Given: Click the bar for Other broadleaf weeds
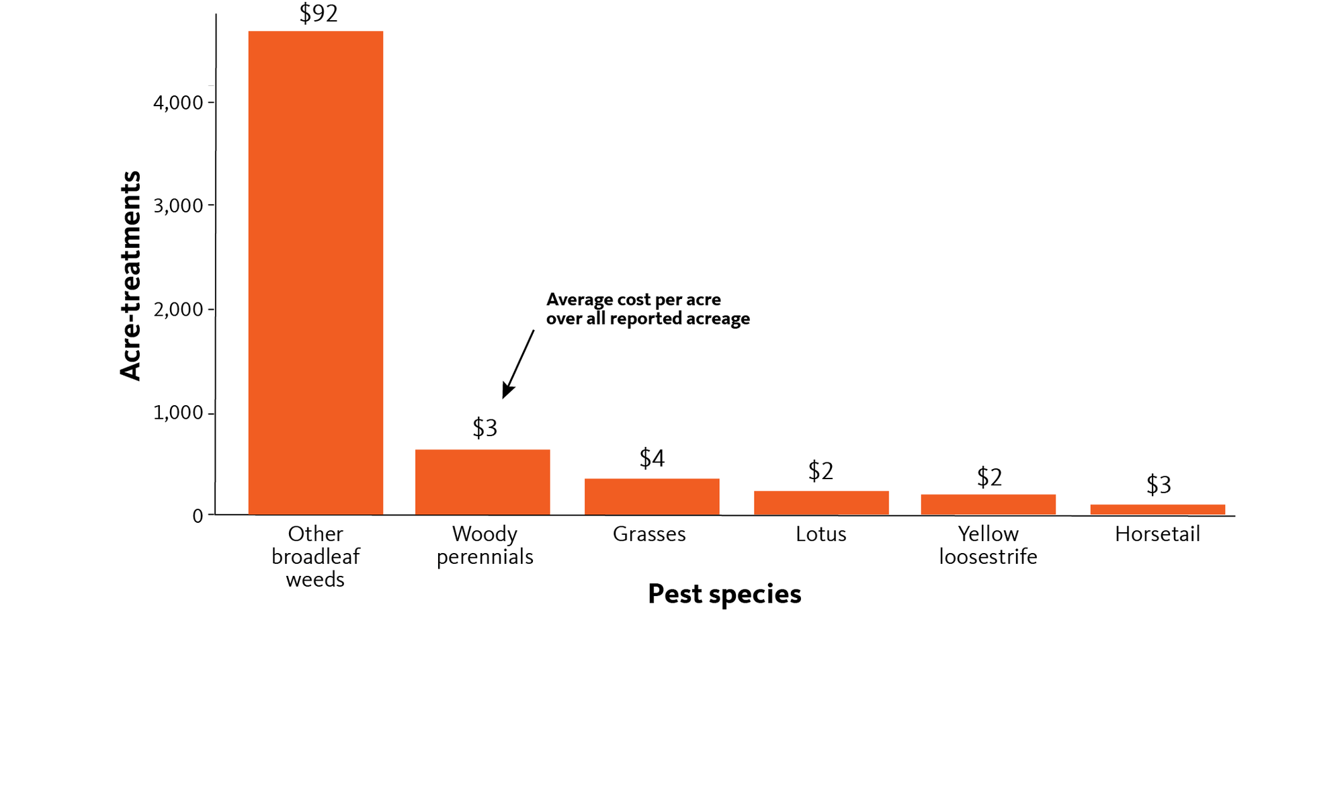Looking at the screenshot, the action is [x=316, y=273].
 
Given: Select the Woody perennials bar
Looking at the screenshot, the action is [x=482, y=482].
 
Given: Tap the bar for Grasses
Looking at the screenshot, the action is [x=652, y=497].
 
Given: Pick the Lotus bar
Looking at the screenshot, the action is [x=821, y=503].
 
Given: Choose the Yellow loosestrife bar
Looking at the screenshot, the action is [x=988, y=505].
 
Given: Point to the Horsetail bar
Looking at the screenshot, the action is [x=1157, y=509].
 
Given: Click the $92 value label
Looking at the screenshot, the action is [x=319, y=13].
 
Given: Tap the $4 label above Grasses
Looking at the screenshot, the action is [x=652, y=458].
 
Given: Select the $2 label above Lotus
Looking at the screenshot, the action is [x=821, y=471].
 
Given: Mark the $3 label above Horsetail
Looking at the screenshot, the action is [x=1159, y=485].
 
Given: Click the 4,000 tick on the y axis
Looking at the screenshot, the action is [x=178, y=103].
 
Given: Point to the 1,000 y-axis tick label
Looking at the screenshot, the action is [x=178, y=413].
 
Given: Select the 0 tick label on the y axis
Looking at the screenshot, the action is [x=198, y=516].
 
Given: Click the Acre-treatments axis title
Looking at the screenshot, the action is [x=130, y=276].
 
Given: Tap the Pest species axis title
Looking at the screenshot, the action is [x=724, y=594].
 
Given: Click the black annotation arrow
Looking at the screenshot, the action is [x=518, y=364].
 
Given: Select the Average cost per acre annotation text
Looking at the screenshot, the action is [x=648, y=309].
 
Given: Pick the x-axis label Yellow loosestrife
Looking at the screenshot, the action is [x=988, y=545].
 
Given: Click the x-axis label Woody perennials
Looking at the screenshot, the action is [x=485, y=545].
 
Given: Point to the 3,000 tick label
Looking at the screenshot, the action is [x=178, y=206].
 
